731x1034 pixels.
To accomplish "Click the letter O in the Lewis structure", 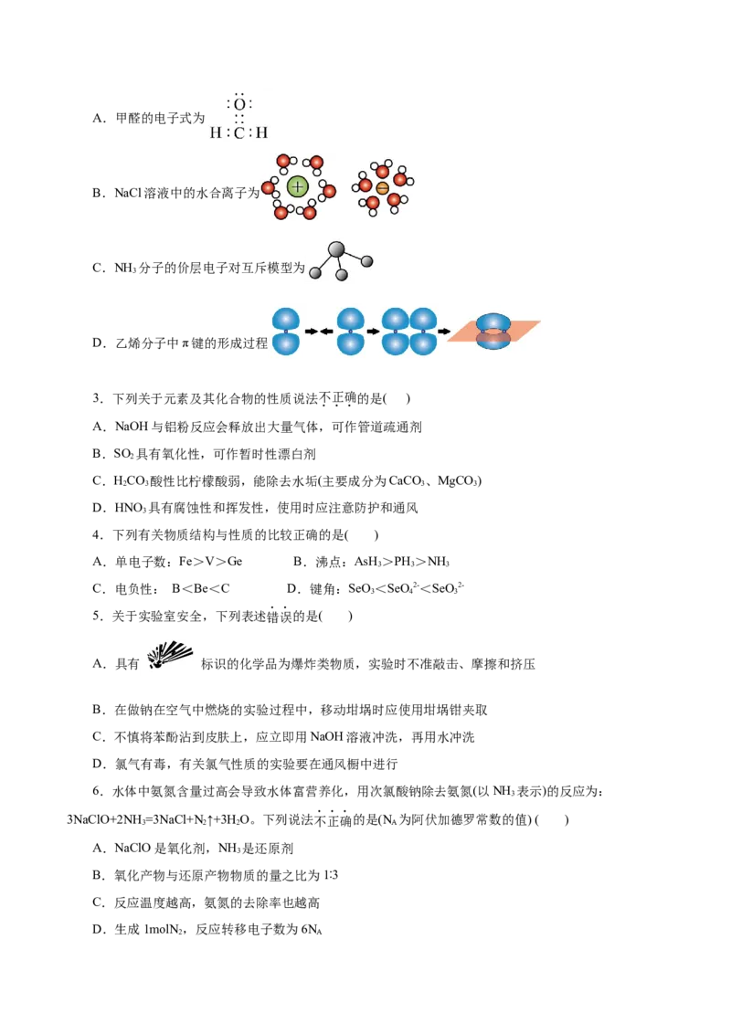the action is point(239,105).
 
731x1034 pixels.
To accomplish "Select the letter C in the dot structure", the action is point(239,133).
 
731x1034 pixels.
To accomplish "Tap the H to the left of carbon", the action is point(216,133).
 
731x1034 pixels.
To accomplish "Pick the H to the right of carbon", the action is point(262,133).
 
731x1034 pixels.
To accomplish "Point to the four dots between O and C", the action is point(239,119).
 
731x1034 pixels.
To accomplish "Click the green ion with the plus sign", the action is point(297,187).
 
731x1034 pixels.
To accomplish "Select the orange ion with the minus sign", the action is point(382,188).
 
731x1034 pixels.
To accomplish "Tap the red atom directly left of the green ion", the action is point(268,188).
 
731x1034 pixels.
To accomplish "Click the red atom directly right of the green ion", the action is point(329,191).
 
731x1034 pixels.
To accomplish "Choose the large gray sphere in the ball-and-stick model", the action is point(336,248).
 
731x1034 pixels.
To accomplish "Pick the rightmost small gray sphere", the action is point(367,261).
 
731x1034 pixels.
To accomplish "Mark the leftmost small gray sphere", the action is point(315,272).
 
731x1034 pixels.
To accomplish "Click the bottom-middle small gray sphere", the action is point(342,275).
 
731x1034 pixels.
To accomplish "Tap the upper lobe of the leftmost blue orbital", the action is point(286,320).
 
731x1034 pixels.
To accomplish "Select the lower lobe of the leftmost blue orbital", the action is point(286,344).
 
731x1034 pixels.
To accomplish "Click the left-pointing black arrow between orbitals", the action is point(326,332).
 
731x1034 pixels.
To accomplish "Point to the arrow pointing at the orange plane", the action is point(444,332).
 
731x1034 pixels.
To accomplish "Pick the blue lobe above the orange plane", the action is point(494,322).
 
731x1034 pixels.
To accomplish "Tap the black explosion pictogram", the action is point(169,654).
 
